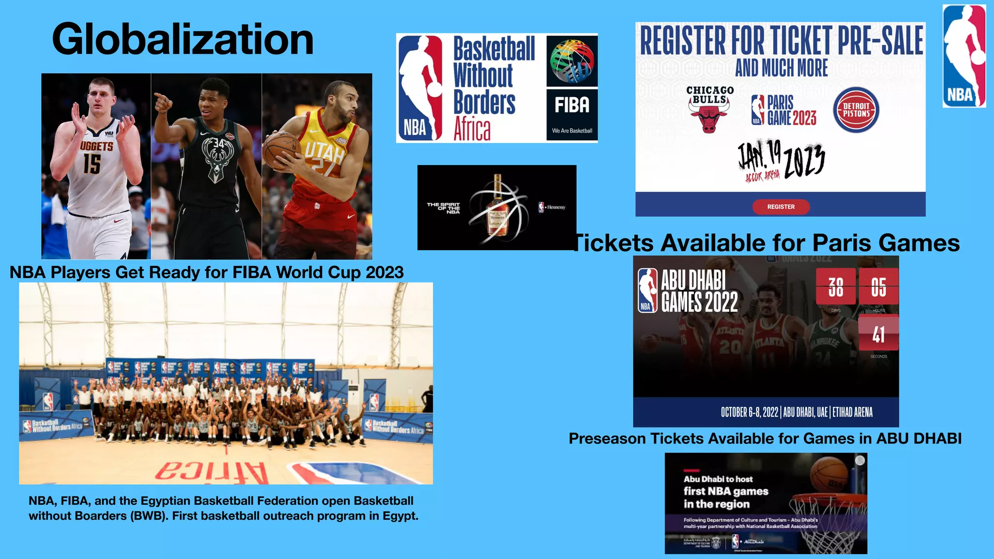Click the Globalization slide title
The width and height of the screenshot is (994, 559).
pos(182,39)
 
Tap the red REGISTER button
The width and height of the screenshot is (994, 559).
pos(780,207)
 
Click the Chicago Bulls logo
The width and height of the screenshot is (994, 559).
pos(710,109)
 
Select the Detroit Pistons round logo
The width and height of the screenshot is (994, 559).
pos(856,110)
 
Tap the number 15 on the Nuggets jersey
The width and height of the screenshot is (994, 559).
pos(92,164)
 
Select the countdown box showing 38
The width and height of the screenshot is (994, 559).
pos(835,286)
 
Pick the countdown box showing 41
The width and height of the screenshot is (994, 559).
pos(878,333)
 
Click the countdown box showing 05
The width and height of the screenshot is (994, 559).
pos(878,286)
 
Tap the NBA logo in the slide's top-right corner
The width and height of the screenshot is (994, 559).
pos(964,56)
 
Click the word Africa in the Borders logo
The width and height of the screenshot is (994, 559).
pos(472,129)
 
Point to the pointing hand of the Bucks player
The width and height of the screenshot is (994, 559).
pos(163,102)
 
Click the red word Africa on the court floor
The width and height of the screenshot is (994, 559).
pos(212,472)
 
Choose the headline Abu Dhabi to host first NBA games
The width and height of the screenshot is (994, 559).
pos(726,491)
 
